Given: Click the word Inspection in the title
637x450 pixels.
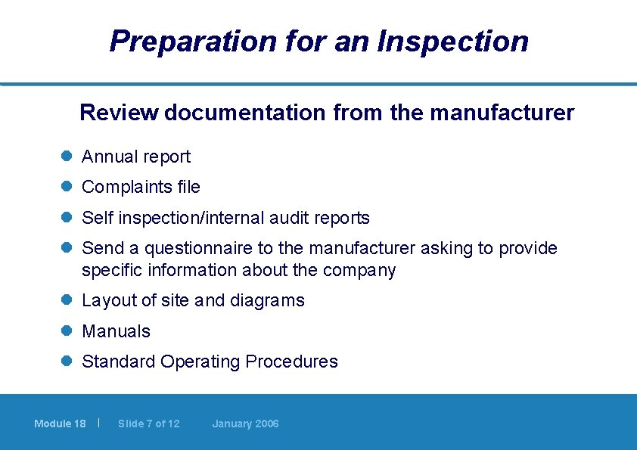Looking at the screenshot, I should click(x=454, y=41).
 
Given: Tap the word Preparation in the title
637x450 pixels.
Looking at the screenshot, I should click(x=193, y=41).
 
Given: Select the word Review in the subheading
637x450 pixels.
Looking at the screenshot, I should click(x=119, y=113).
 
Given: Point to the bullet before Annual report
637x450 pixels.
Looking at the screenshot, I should click(x=66, y=157).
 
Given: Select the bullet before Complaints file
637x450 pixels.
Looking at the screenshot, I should click(x=66, y=186).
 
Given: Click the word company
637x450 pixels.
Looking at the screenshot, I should click(x=359, y=271).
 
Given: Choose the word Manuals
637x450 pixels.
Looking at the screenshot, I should click(x=116, y=331).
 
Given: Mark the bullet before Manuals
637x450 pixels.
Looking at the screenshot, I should click(x=66, y=331).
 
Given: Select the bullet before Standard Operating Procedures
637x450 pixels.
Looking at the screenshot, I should click(x=66, y=361).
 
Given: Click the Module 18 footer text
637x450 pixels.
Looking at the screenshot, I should click(x=60, y=424).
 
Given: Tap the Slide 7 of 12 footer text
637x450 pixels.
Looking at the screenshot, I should click(x=149, y=424).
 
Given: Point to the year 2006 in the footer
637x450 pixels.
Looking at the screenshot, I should click(x=266, y=424).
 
